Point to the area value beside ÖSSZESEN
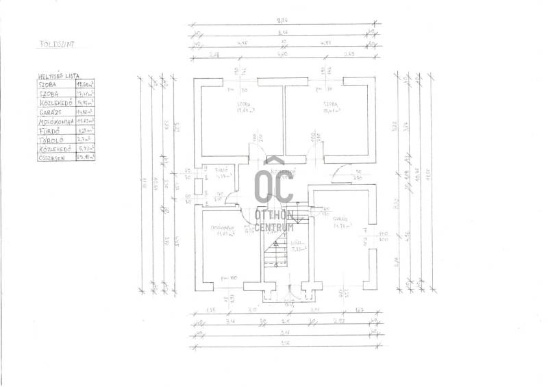pyautogui.click(x=86, y=157)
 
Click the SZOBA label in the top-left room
pyautogui.click(x=227, y=105)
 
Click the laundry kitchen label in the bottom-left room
pyautogui.click(x=223, y=228)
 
